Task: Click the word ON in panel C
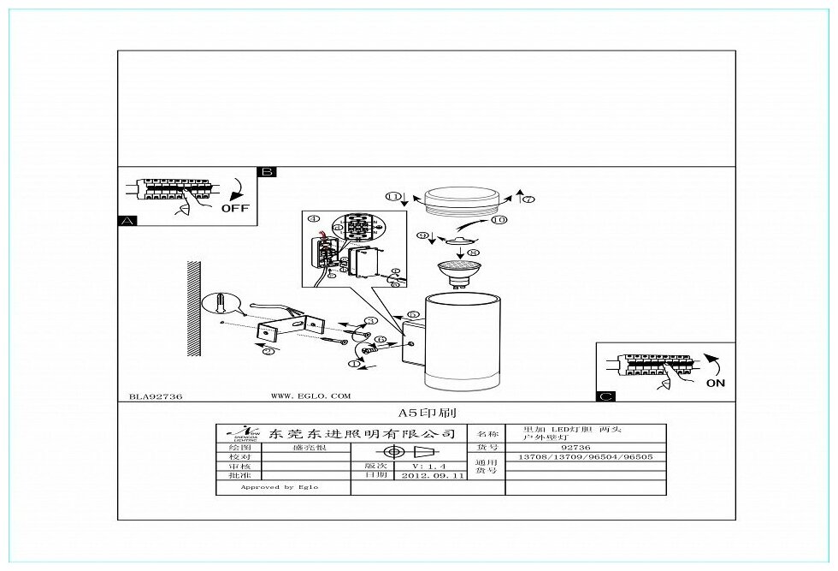[x=716, y=383]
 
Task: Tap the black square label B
[x=266, y=172]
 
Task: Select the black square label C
[x=605, y=396]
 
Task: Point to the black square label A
[x=127, y=220]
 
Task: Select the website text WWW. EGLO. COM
[x=310, y=396]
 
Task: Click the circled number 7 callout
[x=528, y=199]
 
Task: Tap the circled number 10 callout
[x=499, y=220]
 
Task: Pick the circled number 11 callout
[x=392, y=197]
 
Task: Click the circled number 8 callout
[x=474, y=253]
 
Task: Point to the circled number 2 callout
[x=268, y=351]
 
